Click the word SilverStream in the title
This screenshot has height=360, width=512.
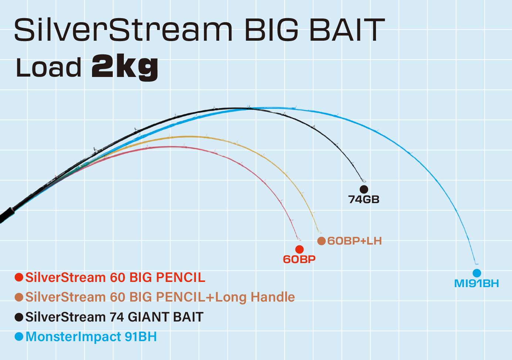pyautogui.click(x=123, y=30)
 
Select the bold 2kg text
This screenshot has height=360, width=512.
pyautogui.click(x=125, y=67)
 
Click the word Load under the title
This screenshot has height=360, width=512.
pyautogui.click(x=48, y=68)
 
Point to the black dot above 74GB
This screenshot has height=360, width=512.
pyautogui.click(x=364, y=189)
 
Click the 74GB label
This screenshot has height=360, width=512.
pyautogui.click(x=364, y=199)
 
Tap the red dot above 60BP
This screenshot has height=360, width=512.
pyautogui.click(x=299, y=249)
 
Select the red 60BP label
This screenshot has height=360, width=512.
pyautogui.click(x=299, y=259)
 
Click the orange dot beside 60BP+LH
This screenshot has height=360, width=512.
pyautogui.click(x=321, y=241)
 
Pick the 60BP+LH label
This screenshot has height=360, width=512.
pyautogui.click(x=355, y=241)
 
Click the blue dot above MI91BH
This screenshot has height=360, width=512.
pyautogui.click(x=477, y=273)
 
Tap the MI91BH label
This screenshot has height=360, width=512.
pyautogui.click(x=477, y=284)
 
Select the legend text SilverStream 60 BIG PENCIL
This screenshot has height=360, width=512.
pyautogui.click(x=115, y=277)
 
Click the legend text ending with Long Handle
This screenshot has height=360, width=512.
pyautogui.click(x=160, y=297)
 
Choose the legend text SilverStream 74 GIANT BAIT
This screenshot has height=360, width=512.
pyautogui.click(x=114, y=317)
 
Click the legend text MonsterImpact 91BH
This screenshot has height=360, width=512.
pyautogui.click(x=91, y=337)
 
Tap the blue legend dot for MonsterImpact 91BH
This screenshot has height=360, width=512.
pyautogui.click(x=19, y=336)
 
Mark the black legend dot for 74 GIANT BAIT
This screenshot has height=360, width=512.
pyautogui.click(x=19, y=317)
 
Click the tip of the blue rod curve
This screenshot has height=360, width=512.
pyautogui.click(x=477, y=264)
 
